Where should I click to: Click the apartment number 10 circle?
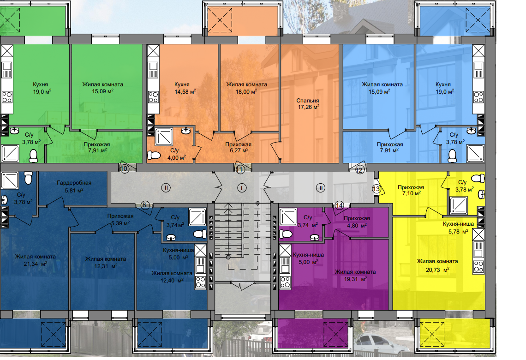point(124,168)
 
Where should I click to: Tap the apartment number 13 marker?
point(376,189)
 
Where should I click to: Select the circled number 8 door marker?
point(144,205)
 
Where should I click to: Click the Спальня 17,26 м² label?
point(308,104)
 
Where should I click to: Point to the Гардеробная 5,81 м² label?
point(74,186)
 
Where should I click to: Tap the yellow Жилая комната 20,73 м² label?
point(437,265)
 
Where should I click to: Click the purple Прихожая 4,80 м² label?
point(357,222)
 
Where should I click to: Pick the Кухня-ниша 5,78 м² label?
point(458,228)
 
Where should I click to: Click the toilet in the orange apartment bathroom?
point(154,156)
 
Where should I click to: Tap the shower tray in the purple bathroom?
point(288,217)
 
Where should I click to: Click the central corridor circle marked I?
point(241,188)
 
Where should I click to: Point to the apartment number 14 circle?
point(339,205)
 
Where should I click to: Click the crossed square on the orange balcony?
point(220,20)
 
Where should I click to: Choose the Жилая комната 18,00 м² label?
point(246,88)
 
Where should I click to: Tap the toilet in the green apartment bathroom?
point(34,156)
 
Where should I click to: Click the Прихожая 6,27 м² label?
point(238,147)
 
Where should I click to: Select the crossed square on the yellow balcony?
point(432,334)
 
